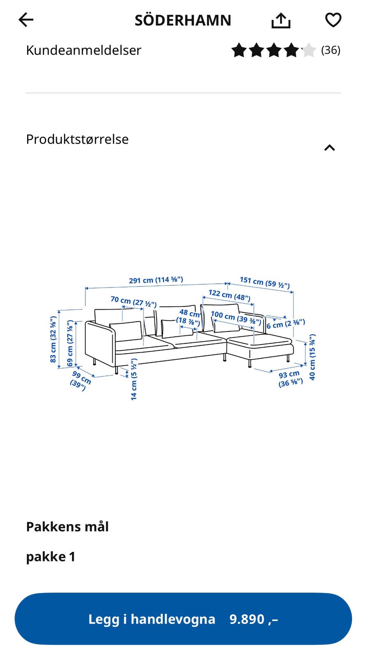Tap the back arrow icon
[26, 20]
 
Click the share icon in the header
[281, 21]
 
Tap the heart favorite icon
[333, 20]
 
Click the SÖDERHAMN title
[183, 21]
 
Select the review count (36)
[330, 50]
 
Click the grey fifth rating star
[309, 50]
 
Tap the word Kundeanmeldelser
[84, 50]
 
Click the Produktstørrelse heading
[77, 139]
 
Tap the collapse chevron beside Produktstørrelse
[330, 148]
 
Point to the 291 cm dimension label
[156, 280]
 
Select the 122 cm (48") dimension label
[230, 295]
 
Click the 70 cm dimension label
[133, 302]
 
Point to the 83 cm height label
[53, 339]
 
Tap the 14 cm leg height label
[134, 379]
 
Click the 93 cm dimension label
[290, 379]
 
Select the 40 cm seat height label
[312, 357]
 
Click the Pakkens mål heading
[67, 527]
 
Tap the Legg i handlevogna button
[183, 619]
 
